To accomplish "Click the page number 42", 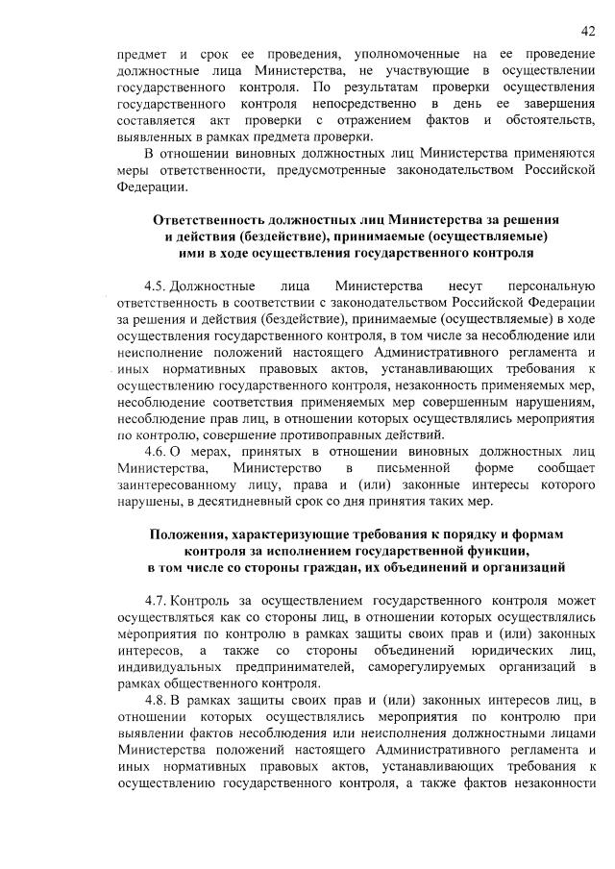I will click(x=588, y=32).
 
